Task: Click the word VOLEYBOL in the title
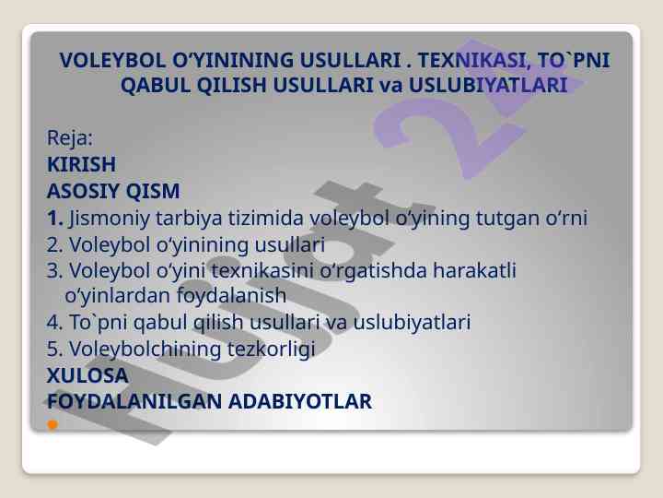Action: [x=112, y=60]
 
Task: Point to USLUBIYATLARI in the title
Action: [x=488, y=85]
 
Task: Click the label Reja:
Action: [x=70, y=138]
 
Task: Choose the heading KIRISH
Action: [x=81, y=164]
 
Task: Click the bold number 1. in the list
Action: [x=55, y=218]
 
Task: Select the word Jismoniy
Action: [x=110, y=219]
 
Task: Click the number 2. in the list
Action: [x=55, y=244]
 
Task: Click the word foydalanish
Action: [x=231, y=296]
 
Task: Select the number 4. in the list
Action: [x=55, y=322]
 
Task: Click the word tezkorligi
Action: [x=271, y=350]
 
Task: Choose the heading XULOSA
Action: [x=87, y=375]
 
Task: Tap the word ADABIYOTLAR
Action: [x=300, y=401]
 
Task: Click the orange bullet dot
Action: [x=52, y=424]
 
